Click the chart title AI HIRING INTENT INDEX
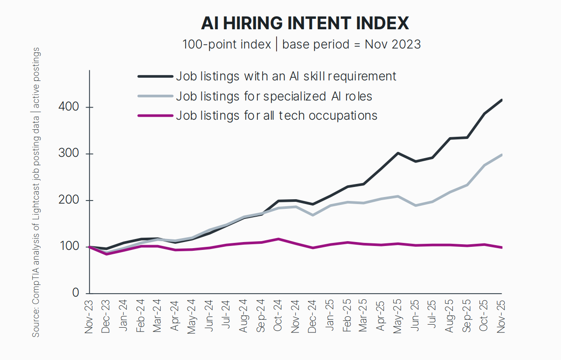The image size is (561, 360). [305, 23]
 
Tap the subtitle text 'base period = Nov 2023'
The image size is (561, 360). [351, 44]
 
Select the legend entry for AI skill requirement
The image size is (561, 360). [286, 76]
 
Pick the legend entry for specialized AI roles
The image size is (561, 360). [274, 96]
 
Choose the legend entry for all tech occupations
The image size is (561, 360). [276, 115]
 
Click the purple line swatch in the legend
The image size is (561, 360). [155, 115]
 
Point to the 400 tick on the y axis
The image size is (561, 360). [69, 107]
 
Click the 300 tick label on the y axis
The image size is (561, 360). [69, 154]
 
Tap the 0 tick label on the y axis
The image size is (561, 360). [76, 293]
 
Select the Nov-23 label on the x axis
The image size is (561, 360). [89, 317]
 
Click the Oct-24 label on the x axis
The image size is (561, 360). [278, 317]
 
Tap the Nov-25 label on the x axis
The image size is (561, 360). [502, 317]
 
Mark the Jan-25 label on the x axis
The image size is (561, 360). [330, 317]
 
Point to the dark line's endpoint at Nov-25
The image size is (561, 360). [501, 100]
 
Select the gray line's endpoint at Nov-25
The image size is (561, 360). [501, 155]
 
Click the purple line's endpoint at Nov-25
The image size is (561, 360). [501, 247]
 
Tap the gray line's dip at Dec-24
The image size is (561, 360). [312, 215]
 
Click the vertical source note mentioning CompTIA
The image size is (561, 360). [36, 192]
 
